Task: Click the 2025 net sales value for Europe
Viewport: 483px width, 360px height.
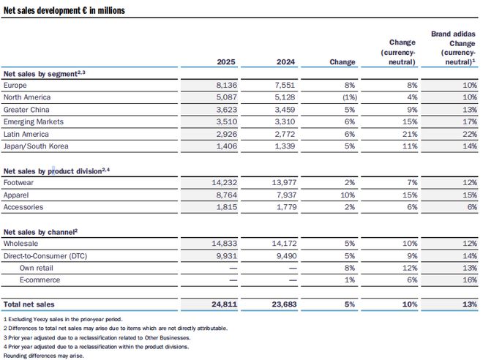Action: (x=226, y=85)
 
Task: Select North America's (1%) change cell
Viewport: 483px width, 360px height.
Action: (x=350, y=97)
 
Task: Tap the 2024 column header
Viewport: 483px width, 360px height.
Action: (x=285, y=62)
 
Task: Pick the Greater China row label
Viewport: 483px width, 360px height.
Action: (x=26, y=110)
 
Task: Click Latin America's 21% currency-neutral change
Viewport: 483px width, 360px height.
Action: (x=410, y=134)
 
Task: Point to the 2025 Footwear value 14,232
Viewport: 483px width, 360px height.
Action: (x=224, y=182)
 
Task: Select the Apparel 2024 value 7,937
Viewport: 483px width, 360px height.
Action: (x=285, y=195)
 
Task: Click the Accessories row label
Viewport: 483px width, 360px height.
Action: (x=23, y=207)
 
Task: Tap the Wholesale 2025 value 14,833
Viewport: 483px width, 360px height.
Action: (x=224, y=243)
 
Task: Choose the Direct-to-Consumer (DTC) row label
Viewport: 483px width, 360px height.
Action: (x=45, y=256)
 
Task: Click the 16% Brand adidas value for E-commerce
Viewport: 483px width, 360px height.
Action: (x=470, y=280)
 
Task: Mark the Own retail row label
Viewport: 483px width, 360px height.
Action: (x=37, y=268)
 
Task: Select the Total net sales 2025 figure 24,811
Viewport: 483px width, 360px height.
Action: (x=224, y=304)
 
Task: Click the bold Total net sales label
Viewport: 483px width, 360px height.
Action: (x=29, y=304)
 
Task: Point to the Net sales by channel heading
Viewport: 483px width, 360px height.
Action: (x=40, y=232)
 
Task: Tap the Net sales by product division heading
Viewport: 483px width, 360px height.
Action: (x=56, y=171)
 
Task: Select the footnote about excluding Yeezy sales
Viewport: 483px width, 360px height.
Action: (x=63, y=319)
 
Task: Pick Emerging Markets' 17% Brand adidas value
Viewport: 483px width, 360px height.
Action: (x=470, y=121)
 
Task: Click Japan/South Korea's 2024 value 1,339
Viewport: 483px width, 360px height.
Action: (x=285, y=146)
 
